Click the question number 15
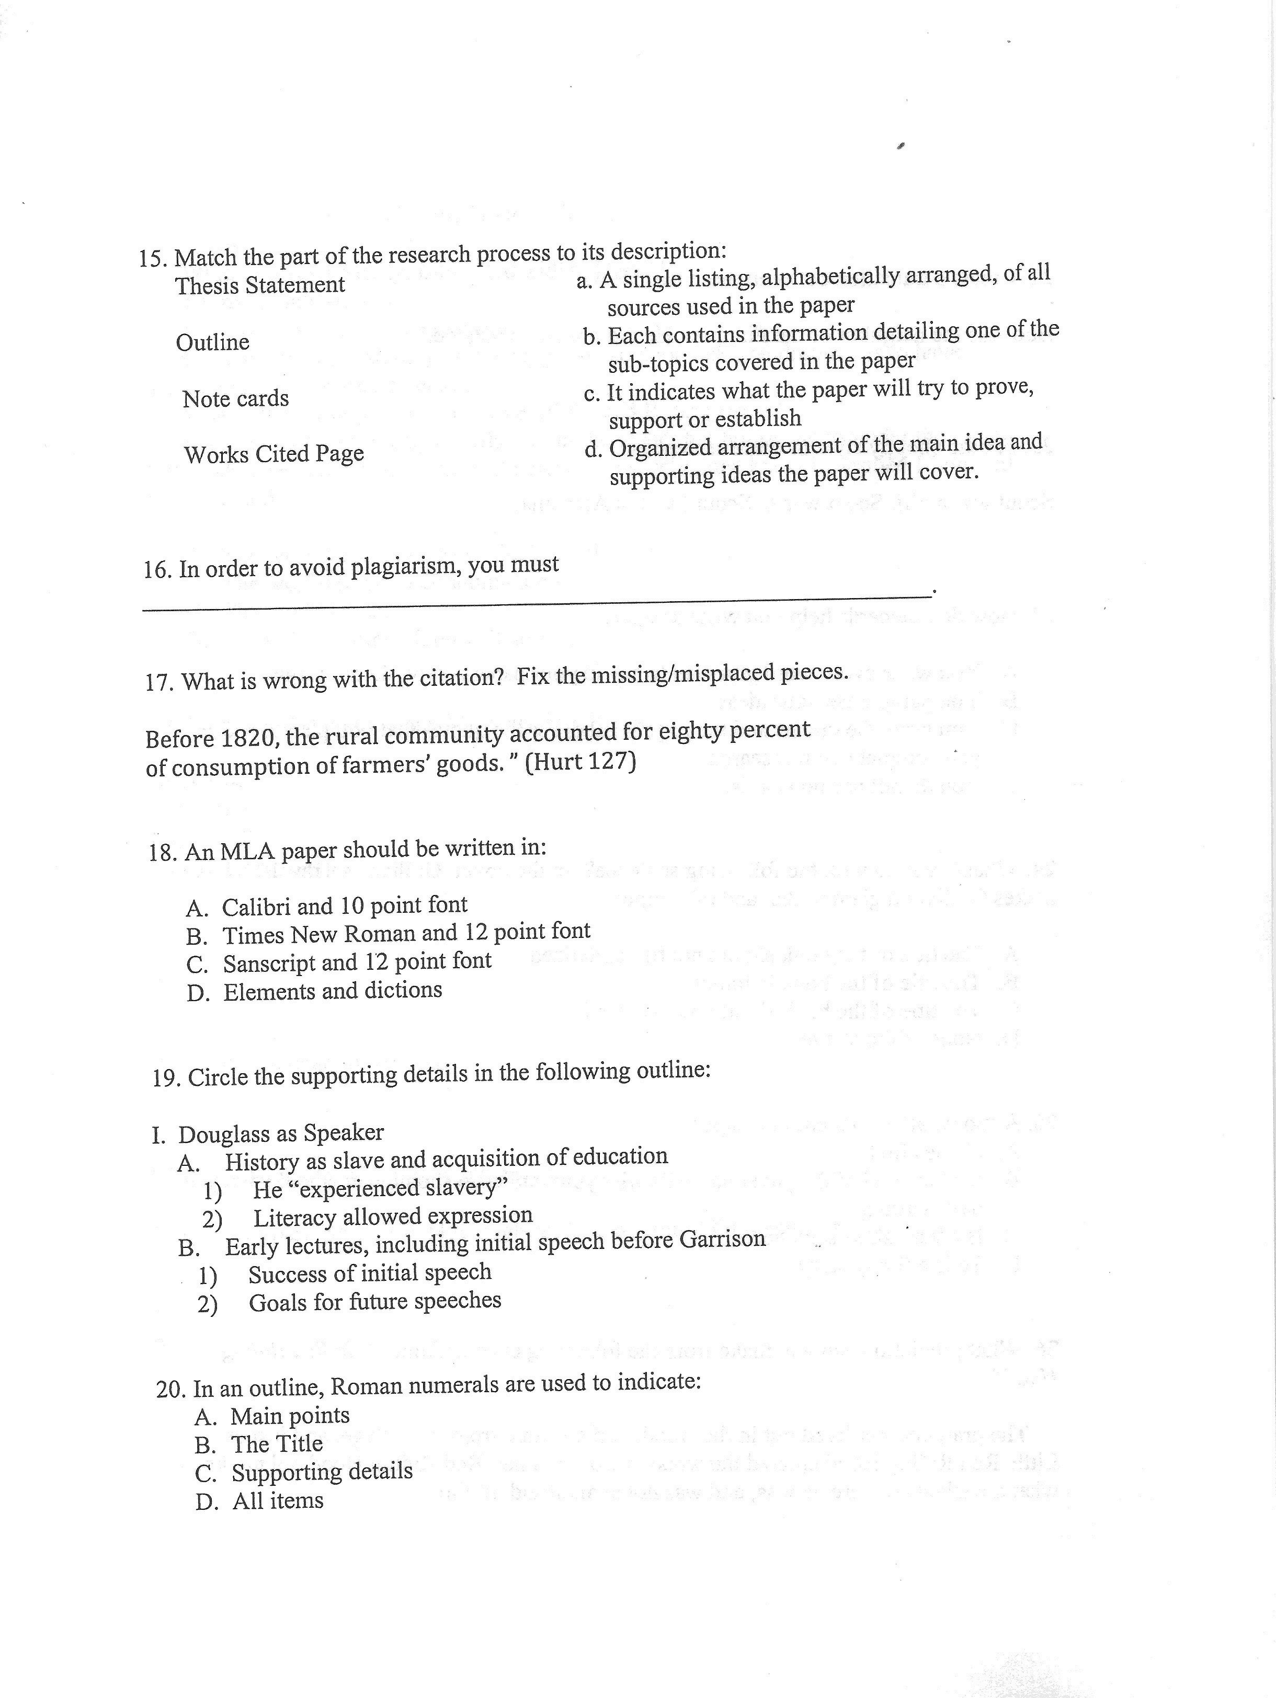pyautogui.click(x=153, y=259)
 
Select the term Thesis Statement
pyautogui.click(x=259, y=285)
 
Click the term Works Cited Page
pyautogui.click(x=274, y=454)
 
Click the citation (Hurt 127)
pyautogui.click(x=580, y=762)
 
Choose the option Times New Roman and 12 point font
pyautogui.click(x=406, y=934)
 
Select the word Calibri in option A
pyautogui.click(x=256, y=908)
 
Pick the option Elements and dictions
pyautogui.click(x=333, y=991)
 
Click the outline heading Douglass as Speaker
pyautogui.click(x=280, y=1134)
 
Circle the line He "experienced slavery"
pyautogui.click(x=380, y=1188)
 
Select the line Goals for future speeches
pyautogui.click(x=374, y=1301)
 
